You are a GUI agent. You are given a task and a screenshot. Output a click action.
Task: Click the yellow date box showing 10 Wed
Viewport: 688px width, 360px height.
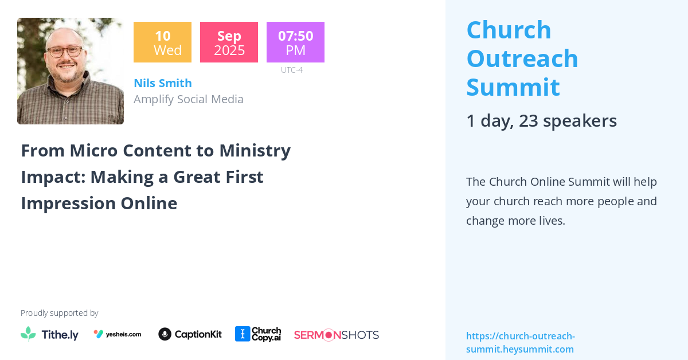pyautogui.click(x=162, y=42)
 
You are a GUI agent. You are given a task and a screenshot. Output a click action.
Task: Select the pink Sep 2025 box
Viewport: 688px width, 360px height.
pyautogui.click(x=229, y=42)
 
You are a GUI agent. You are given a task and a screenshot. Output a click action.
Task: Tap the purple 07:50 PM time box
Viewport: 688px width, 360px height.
pyautogui.click(x=295, y=42)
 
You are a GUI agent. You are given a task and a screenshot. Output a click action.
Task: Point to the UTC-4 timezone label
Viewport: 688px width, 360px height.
pyautogui.click(x=291, y=70)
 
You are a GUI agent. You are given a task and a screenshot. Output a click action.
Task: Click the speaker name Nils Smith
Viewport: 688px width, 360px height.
pyautogui.click(x=163, y=83)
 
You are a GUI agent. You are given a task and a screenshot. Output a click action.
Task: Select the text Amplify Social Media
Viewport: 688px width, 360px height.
pyautogui.click(x=189, y=99)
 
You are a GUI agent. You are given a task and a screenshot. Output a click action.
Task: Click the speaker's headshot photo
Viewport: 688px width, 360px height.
pyautogui.click(x=71, y=71)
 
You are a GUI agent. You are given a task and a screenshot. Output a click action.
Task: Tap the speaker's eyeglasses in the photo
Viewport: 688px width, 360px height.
pyautogui.click(x=64, y=51)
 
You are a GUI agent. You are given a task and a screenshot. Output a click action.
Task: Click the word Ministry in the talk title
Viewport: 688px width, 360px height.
pyautogui.click(x=255, y=150)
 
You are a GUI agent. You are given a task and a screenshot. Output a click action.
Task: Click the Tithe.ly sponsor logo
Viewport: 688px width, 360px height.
pyautogui.click(x=49, y=334)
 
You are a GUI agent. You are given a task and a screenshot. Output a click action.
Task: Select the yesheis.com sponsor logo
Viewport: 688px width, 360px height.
pyautogui.click(x=118, y=334)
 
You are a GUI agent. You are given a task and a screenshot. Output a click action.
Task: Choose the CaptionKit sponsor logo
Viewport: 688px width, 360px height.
pyautogui.click(x=190, y=334)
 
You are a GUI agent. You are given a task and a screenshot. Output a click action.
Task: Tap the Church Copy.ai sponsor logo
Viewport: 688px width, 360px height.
pyautogui.click(x=258, y=334)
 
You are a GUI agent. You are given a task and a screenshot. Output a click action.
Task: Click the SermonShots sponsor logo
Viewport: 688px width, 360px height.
pyautogui.click(x=337, y=335)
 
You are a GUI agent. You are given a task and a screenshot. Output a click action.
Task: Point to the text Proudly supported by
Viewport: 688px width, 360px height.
pyautogui.click(x=59, y=313)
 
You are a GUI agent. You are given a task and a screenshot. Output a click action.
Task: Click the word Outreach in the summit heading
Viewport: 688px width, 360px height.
pyautogui.click(x=522, y=58)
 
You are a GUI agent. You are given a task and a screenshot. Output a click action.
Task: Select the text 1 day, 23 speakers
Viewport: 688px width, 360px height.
pyautogui.click(x=541, y=120)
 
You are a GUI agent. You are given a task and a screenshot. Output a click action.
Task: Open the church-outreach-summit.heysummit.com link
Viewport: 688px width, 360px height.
pyautogui.click(x=520, y=342)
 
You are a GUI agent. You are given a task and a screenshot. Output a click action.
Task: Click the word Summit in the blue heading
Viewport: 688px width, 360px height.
pyautogui.click(x=513, y=87)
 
